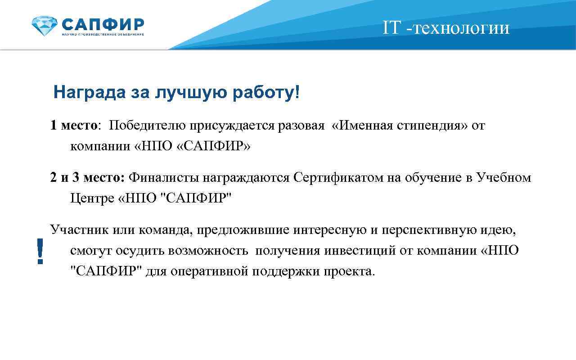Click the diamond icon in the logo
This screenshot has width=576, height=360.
[45, 26]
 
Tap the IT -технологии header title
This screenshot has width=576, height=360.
[446, 28]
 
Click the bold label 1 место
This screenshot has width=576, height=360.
[73, 126]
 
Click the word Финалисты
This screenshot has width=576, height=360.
[164, 178]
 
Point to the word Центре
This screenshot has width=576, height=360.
[91, 198]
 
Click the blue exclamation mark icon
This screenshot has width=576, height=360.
[40, 251]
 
